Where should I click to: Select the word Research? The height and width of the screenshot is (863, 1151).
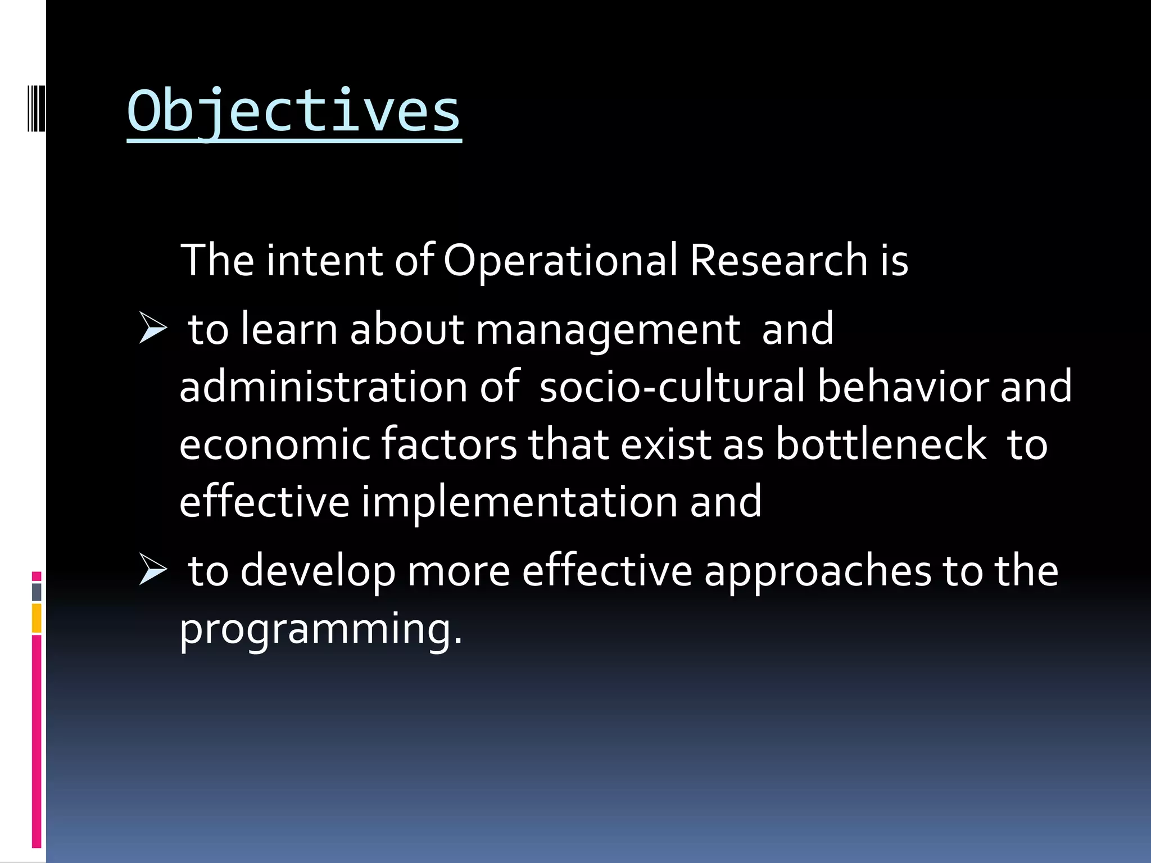pyautogui.click(x=778, y=261)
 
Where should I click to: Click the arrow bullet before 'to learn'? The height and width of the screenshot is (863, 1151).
pyautogui.click(x=153, y=329)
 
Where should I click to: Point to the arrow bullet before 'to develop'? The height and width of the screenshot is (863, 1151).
pyautogui.click(x=153, y=570)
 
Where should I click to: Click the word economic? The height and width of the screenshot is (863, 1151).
pyautogui.click(x=275, y=444)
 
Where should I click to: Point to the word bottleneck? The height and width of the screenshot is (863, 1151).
pyautogui.click(x=881, y=444)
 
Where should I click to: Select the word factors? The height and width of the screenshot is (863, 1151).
pyautogui.click(x=449, y=444)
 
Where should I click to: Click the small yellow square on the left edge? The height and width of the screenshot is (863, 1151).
pyautogui.click(x=37, y=618)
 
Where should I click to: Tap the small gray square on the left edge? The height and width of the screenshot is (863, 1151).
pyautogui.click(x=37, y=592)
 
